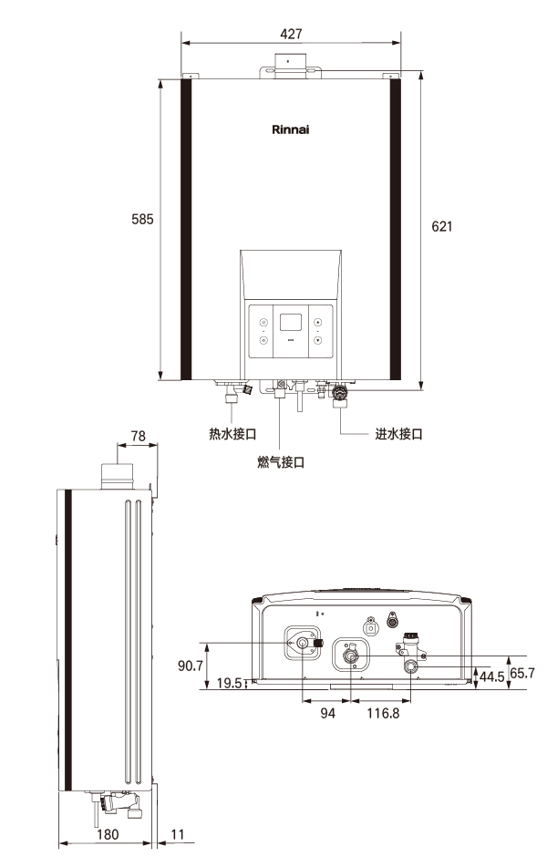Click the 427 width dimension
[x=291, y=34]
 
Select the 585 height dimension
[x=142, y=219]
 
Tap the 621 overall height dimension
[x=442, y=226]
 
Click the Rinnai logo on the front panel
[x=291, y=129]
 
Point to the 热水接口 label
[x=232, y=434]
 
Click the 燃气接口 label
[x=281, y=462]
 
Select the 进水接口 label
[x=399, y=434]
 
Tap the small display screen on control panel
[x=291, y=322]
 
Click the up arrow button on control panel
[x=318, y=322]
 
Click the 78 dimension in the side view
[x=139, y=436]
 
